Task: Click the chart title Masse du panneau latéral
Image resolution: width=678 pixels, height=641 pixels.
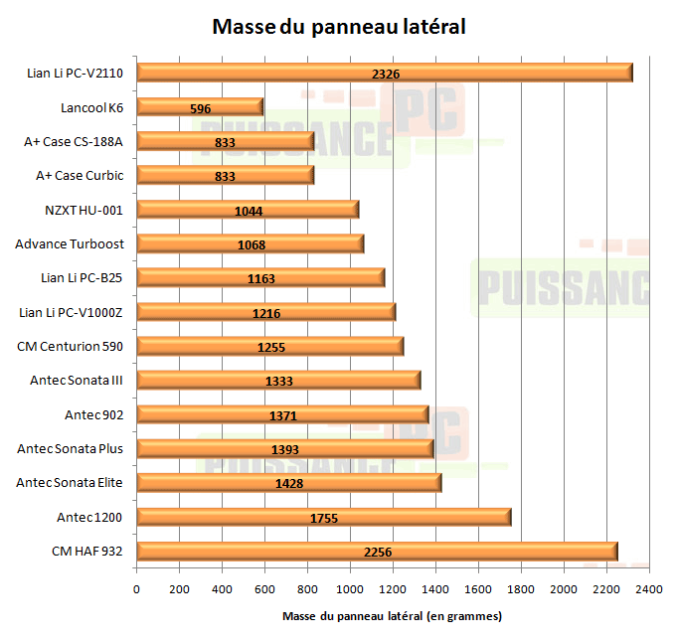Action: (339, 27)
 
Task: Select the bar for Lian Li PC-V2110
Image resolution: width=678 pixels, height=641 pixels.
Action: (384, 73)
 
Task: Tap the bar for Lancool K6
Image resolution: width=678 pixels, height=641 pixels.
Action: (200, 107)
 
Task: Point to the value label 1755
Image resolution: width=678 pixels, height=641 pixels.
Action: (324, 517)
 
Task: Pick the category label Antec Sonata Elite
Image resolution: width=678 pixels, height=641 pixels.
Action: (70, 482)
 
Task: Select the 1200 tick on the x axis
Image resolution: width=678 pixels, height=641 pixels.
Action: (393, 589)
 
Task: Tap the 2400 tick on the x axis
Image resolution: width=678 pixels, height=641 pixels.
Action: (648, 589)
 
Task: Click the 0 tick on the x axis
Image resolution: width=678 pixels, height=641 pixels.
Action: (136, 589)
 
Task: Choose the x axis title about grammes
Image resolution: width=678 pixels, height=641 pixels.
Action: (392, 616)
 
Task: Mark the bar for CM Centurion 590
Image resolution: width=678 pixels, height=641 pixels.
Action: (269, 346)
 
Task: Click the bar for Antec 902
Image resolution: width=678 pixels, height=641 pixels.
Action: (282, 414)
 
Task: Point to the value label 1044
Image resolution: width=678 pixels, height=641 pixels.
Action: (248, 210)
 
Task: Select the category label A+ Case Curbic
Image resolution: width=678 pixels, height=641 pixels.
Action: (80, 175)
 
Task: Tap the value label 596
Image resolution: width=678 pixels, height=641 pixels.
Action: (200, 107)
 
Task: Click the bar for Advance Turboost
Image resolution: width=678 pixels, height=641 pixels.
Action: (250, 243)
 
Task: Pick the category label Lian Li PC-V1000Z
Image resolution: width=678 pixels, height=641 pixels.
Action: (71, 312)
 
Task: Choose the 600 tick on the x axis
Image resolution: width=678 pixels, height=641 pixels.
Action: (264, 589)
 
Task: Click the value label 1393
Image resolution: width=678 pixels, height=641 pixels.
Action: (285, 449)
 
